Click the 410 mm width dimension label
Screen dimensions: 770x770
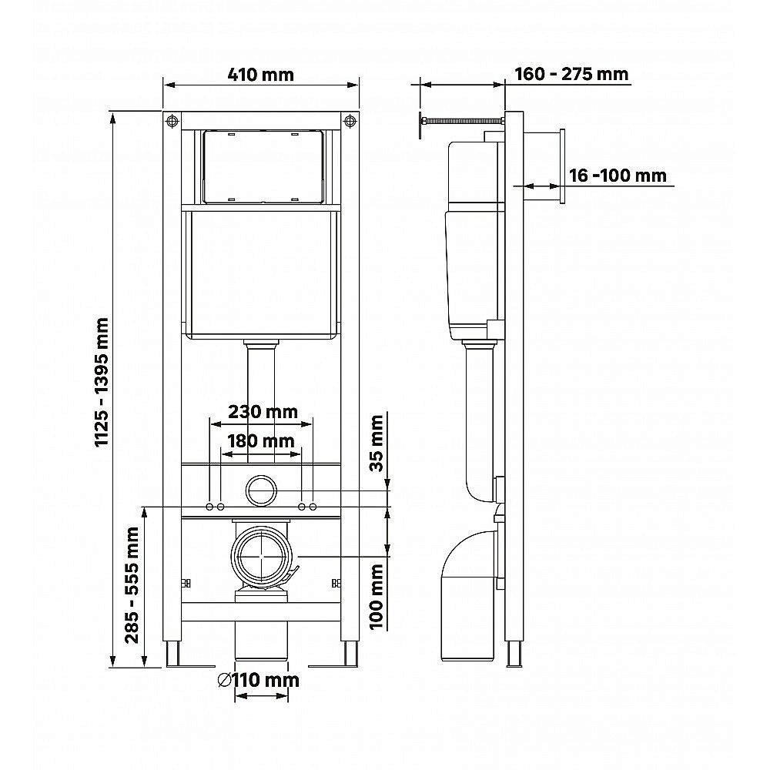(x=261, y=75)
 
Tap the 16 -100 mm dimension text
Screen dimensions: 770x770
(x=618, y=175)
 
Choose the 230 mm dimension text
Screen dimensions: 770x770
(x=262, y=411)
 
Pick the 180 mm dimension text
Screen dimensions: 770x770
(x=261, y=441)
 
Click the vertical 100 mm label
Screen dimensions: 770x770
(x=377, y=596)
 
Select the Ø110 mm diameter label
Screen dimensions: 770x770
(x=258, y=680)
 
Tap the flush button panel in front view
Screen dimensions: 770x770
(x=262, y=166)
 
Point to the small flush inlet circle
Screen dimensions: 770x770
(x=261, y=490)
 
